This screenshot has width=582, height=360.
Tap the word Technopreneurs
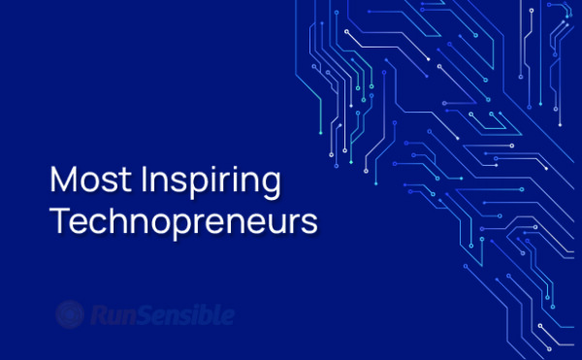pos(183,222)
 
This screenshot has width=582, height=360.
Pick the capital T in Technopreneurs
pos(59,220)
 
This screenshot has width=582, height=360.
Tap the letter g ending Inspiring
pos(272,185)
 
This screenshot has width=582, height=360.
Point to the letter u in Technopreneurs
pos(281,223)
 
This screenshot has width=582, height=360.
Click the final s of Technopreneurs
pos(310,223)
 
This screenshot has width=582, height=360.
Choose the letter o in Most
pos(89,183)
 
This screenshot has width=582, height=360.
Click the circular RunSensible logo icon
pos(69,314)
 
